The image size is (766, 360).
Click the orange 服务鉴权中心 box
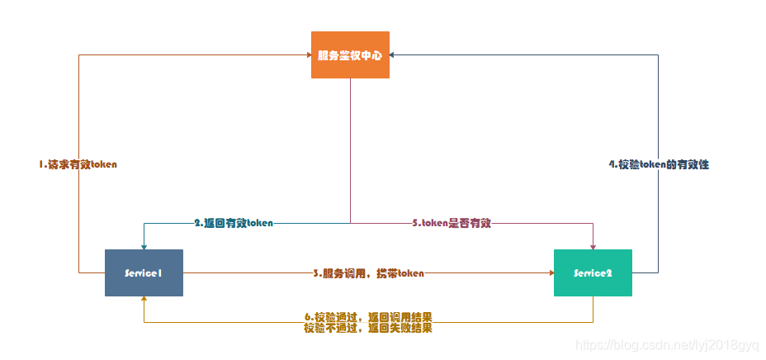point(350,54)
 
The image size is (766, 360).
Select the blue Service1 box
point(144,272)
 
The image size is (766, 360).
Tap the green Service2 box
point(593,272)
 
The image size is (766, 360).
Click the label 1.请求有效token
point(78,164)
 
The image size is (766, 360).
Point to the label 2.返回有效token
point(234,223)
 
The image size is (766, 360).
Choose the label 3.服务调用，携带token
point(368,272)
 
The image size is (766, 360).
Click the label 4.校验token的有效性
point(659,164)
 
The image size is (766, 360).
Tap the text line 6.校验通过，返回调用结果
point(368,317)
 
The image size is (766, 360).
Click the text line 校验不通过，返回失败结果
point(368,328)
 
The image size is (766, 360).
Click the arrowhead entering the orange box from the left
point(307,55)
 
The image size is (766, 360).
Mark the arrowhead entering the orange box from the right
point(394,55)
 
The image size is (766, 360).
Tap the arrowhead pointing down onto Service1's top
point(144,245)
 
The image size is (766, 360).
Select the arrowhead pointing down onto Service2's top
point(593,245)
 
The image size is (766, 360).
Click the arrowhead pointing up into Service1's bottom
point(144,300)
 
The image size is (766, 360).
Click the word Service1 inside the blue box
point(143,273)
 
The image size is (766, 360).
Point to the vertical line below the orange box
point(350,149)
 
